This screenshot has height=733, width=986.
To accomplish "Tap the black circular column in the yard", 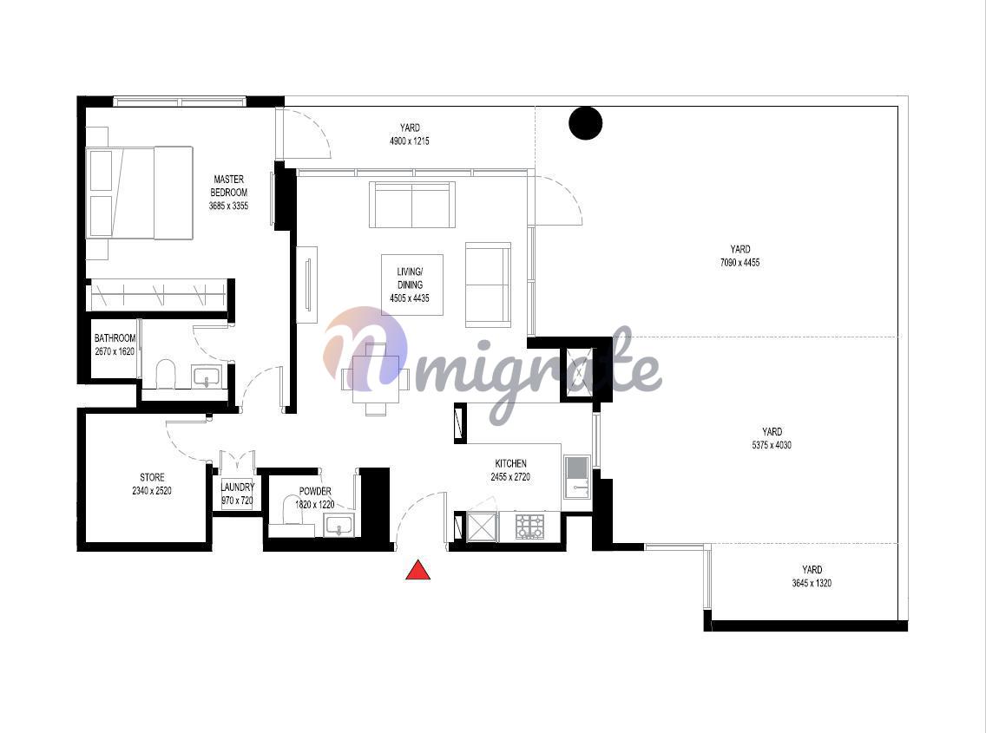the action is pyautogui.click(x=585, y=122).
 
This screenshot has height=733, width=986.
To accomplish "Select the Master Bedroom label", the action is pyautogui.click(x=228, y=186).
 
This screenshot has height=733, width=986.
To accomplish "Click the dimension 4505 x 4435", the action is pyautogui.click(x=410, y=298).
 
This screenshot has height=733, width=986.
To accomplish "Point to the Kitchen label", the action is pyautogui.click(x=510, y=463).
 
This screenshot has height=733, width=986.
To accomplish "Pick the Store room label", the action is pyautogui.click(x=152, y=477).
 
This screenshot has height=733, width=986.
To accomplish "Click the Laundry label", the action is pyautogui.click(x=238, y=488).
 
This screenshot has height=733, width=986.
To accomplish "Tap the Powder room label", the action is pyautogui.click(x=315, y=491).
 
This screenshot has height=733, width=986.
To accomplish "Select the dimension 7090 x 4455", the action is pyautogui.click(x=740, y=263).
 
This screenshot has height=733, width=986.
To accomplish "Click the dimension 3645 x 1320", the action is pyautogui.click(x=812, y=584).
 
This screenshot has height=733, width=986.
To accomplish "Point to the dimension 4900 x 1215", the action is pyautogui.click(x=410, y=141).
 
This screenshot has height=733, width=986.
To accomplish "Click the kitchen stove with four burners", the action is pyautogui.click(x=529, y=527).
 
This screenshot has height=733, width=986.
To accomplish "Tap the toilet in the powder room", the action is pyautogui.click(x=292, y=510).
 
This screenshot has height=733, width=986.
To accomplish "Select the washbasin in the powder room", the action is pyautogui.click(x=339, y=525).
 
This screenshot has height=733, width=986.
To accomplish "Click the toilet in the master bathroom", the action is pyautogui.click(x=166, y=375).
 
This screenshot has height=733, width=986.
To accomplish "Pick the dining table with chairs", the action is pyautogui.click(x=376, y=379).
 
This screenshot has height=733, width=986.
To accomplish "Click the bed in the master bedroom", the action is pyautogui.click(x=140, y=193).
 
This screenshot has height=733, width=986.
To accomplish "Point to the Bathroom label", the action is pyautogui.click(x=115, y=338).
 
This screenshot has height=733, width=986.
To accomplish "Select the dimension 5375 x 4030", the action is pyautogui.click(x=772, y=445).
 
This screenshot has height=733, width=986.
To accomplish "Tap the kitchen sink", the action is pyautogui.click(x=576, y=476).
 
